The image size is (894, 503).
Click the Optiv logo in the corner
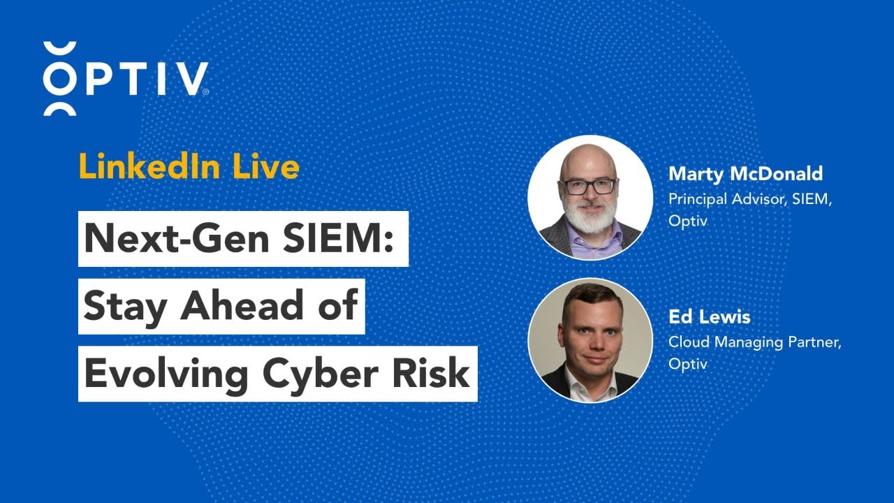click(126, 78)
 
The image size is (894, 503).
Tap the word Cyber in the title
click(313, 374)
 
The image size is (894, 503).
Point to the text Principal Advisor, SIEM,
click(751, 198)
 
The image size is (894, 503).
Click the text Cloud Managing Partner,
click(754, 342)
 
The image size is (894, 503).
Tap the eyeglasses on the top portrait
click(589, 187)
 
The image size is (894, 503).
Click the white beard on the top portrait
click(589, 218)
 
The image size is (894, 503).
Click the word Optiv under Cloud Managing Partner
click(688, 364)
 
